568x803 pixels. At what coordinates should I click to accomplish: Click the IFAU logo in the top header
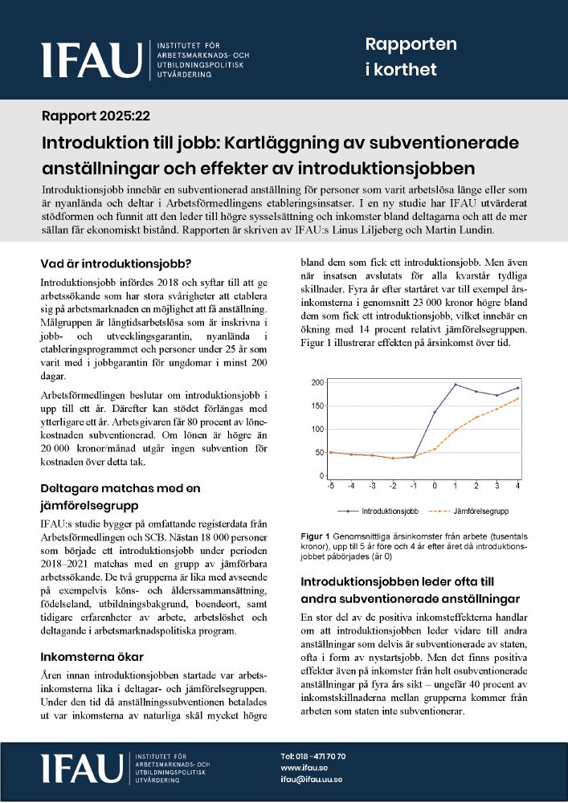click(x=92, y=59)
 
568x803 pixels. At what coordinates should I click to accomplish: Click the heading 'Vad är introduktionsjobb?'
click(x=116, y=263)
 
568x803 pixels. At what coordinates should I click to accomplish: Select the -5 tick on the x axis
click(x=330, y=485)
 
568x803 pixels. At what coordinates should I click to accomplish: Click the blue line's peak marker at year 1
click(x=456, y=385)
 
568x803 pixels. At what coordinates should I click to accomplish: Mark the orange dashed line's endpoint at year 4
click(x=517, y=398)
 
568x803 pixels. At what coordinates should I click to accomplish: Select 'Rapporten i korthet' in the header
click(x=411, y=57)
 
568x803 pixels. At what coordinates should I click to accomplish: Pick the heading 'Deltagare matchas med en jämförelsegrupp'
click(x=121, y=496)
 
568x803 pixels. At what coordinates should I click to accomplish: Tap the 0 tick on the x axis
click(x=435, y=485)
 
